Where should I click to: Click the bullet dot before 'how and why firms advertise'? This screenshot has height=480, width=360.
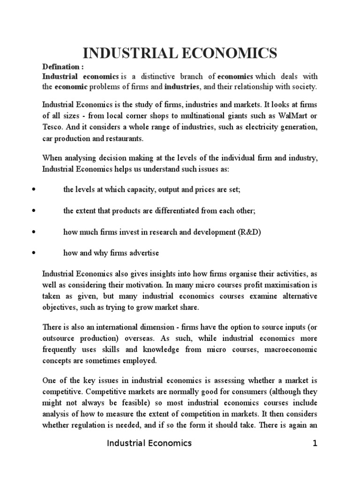coord(33,253)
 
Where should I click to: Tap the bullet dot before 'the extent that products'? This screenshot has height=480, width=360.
coord(33,211)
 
